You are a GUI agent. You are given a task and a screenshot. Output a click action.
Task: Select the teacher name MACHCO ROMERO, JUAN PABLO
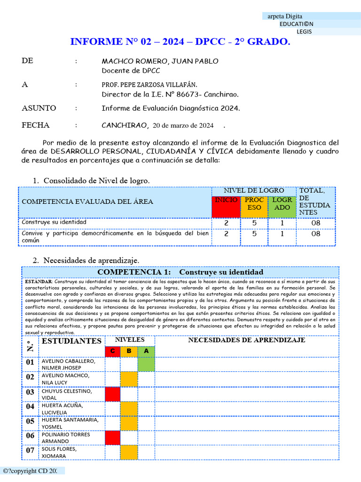click(160, 61)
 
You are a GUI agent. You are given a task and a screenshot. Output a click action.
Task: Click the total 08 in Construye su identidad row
click(316, 223)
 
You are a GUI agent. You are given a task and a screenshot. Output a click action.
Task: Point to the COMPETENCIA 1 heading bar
click(180, 272)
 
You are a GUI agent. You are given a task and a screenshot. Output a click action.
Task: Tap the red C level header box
click(112, 351)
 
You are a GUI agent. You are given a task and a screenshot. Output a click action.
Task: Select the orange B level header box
click(129, 351)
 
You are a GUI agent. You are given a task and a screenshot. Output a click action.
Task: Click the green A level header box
click(146, 351)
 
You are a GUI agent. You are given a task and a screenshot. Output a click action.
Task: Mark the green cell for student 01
click(146, 364)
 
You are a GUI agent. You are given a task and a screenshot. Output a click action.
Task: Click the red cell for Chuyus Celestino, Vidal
click(112, 394)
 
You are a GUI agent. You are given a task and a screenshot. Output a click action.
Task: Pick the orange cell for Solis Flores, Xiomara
click(129, 452)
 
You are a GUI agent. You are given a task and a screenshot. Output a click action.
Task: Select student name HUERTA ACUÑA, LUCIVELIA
click(62, 408)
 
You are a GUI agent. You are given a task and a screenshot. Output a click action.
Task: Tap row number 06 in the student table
click(30, 436)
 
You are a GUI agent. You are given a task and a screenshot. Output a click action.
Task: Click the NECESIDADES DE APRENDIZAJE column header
click(246, 340)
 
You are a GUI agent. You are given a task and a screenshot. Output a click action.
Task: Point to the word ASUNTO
click(39, 108)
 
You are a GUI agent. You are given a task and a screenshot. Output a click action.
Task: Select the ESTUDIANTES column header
click(71, 341)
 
